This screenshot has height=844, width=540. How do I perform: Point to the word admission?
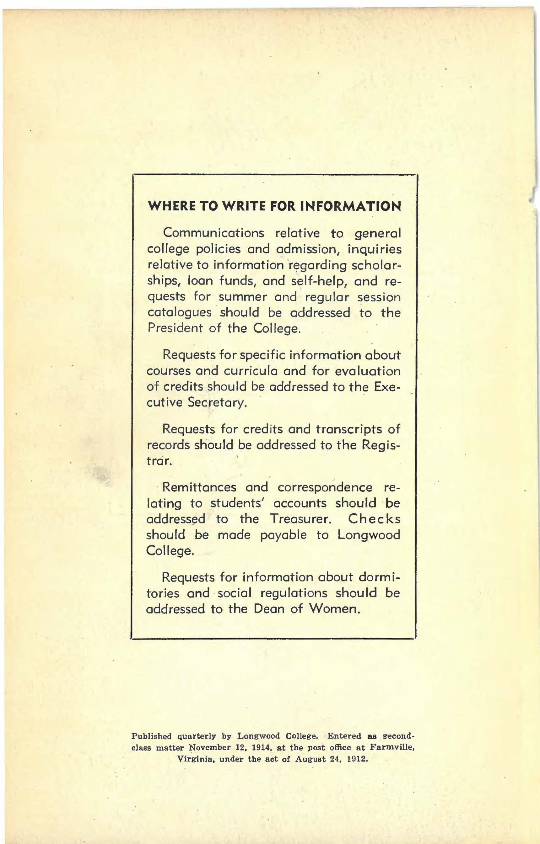tap(301, 249)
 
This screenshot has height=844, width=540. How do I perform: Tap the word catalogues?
tap(179, 312)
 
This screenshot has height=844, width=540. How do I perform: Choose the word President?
tap(175, 328)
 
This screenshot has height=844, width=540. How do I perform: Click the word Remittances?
tap(215, 487)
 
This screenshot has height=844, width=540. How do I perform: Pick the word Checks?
tap(374, 519)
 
